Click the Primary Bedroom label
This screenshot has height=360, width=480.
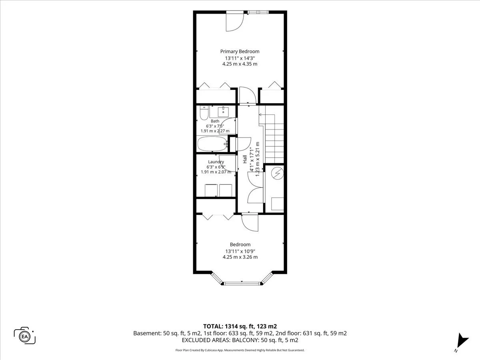(x=240, y=52)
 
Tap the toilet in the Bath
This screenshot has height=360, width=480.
(x=204, y=113)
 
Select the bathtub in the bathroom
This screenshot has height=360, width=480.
(x=212, y=144)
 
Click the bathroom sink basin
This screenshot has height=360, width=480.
(x=223, y=112)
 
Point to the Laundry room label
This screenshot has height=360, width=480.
(x=216, y=162)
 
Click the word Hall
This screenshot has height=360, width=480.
(x=245, y=159)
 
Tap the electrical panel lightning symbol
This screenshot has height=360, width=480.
(x=277, y=174)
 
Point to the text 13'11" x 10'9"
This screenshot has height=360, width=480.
(x=240, y=251)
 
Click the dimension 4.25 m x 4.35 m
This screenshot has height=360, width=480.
(x=240, y=64)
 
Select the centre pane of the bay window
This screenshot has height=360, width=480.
(x=242, y=284)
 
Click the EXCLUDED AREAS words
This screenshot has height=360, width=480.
(x=206, y=340)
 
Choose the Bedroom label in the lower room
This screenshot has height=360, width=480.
(x=240, y=244)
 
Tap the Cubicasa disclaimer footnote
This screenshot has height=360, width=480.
(x=240, y=350)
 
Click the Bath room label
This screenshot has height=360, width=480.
(x=215, y=121)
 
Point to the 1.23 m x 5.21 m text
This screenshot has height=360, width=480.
(x=257, y=159)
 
